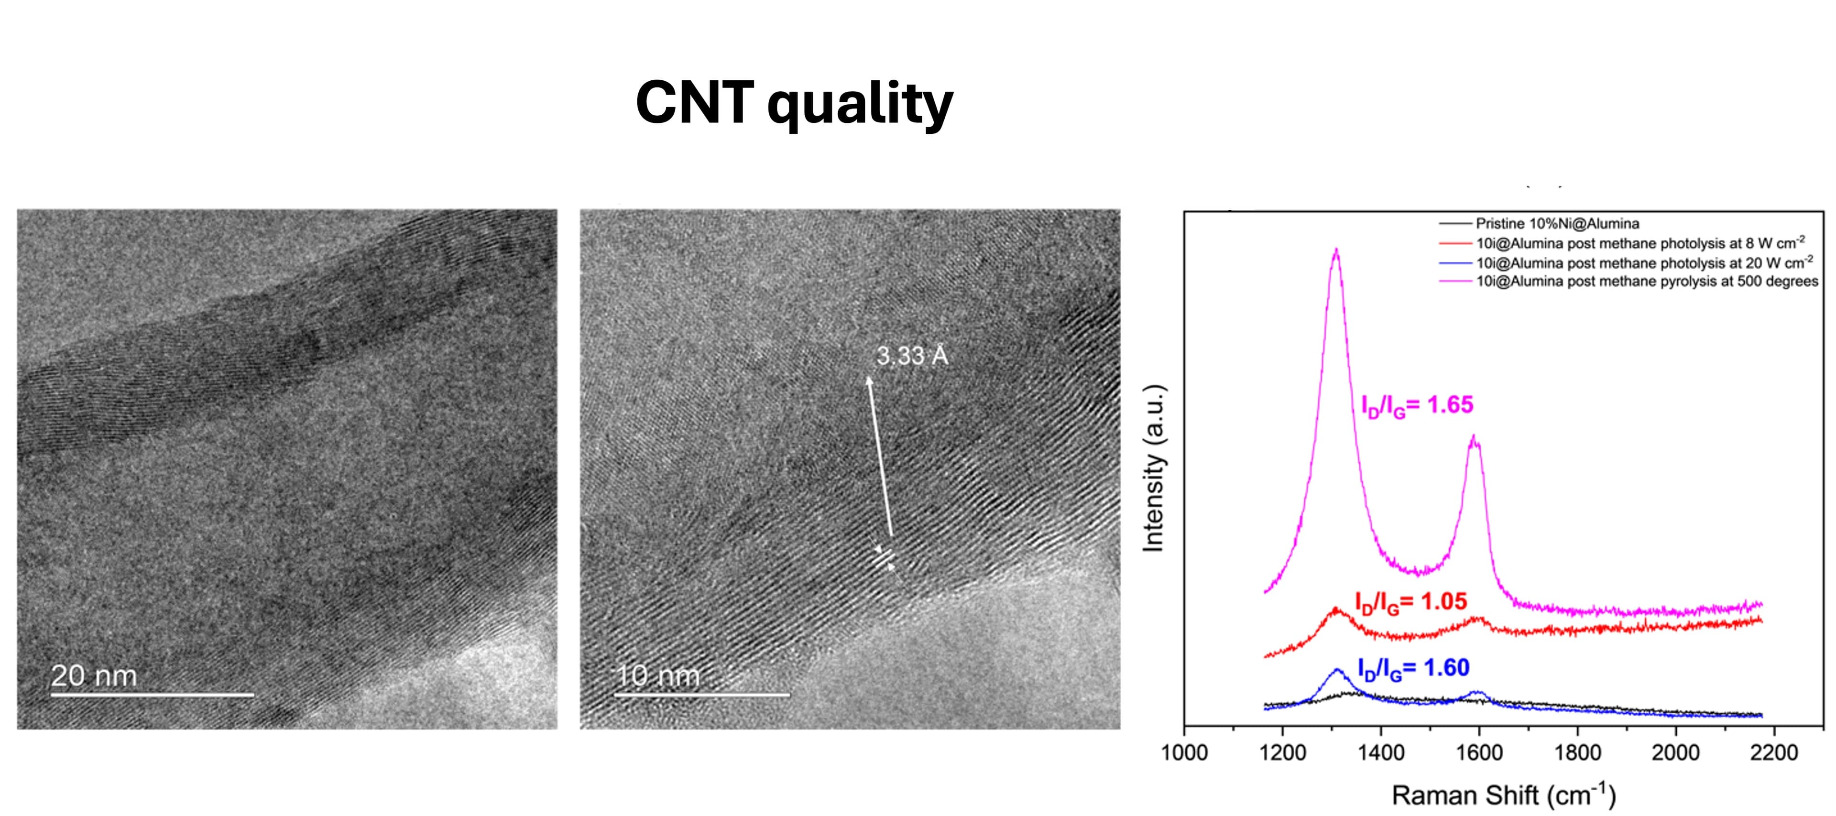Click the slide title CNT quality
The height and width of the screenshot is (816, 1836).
tap(794, 103)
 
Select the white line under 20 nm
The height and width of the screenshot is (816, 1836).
tap(152, 694)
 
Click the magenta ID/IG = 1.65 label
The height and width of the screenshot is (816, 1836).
tap(1416, 405)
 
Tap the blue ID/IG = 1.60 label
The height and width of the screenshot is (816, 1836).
tap(1413, 668)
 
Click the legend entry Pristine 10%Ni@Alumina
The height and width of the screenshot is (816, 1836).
tap(1557, 224)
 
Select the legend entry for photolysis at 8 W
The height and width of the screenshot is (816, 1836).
tap(1640, 243)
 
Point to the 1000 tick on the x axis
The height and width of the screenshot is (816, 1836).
tap(1184, 752)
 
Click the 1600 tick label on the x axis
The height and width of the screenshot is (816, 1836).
tap(1479, 752)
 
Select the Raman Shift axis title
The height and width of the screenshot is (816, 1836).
tap(1503, 794)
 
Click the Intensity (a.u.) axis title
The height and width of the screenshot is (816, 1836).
tap(1153, 468)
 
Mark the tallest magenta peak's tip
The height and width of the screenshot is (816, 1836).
tap(1336, 250)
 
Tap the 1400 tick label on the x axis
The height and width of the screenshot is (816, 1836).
tap(1380, 752)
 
